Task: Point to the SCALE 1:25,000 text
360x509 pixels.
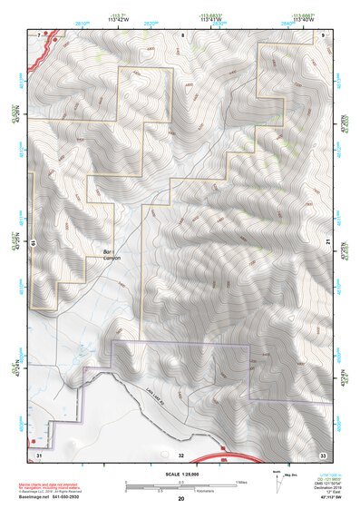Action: [180, 474]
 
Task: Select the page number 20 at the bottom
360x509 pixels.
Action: [180, 499]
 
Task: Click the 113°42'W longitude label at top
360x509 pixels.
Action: [117, 18]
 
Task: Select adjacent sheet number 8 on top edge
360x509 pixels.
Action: [182, 34]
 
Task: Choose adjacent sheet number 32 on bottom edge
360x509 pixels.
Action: [181, 454]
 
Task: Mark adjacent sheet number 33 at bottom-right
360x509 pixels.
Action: [322, 454]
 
